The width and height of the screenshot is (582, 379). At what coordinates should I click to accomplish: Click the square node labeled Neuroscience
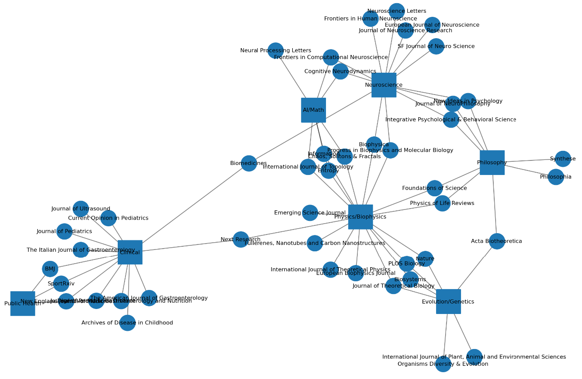(384, 85)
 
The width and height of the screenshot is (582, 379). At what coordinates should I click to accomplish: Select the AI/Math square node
(313, 110)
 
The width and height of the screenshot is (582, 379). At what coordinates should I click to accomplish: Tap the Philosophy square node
(492, 163)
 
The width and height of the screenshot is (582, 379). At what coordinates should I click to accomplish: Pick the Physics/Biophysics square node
(360, 217)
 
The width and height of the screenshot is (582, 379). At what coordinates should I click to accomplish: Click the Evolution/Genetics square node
(448, 302)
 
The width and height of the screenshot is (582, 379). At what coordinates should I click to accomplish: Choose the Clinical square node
(130, 252)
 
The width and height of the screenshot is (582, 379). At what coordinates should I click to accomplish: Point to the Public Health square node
(23, 304)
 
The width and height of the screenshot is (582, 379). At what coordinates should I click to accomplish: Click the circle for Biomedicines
(249, 163)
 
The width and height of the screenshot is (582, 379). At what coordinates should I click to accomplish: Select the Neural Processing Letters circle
(276, 50)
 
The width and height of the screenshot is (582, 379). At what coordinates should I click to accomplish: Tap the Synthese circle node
(563, 159)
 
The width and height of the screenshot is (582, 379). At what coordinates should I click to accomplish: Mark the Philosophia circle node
(556, 177)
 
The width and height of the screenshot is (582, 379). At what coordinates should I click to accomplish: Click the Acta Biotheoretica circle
(497, 241)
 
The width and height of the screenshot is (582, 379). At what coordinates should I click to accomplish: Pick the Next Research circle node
(241, 239)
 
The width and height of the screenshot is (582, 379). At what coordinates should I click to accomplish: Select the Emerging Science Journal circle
(310, 213)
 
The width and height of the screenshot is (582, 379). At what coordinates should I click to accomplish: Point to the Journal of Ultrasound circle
(81, 209)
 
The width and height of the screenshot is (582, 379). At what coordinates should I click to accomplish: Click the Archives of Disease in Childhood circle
(127, 323)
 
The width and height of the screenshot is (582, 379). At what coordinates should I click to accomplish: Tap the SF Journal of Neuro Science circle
(436, 46)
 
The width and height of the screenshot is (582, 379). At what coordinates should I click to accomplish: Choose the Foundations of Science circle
(434, 188)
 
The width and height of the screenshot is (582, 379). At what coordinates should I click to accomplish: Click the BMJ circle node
(50, 269)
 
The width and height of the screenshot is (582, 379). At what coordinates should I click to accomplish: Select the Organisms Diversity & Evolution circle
(443, 364)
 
